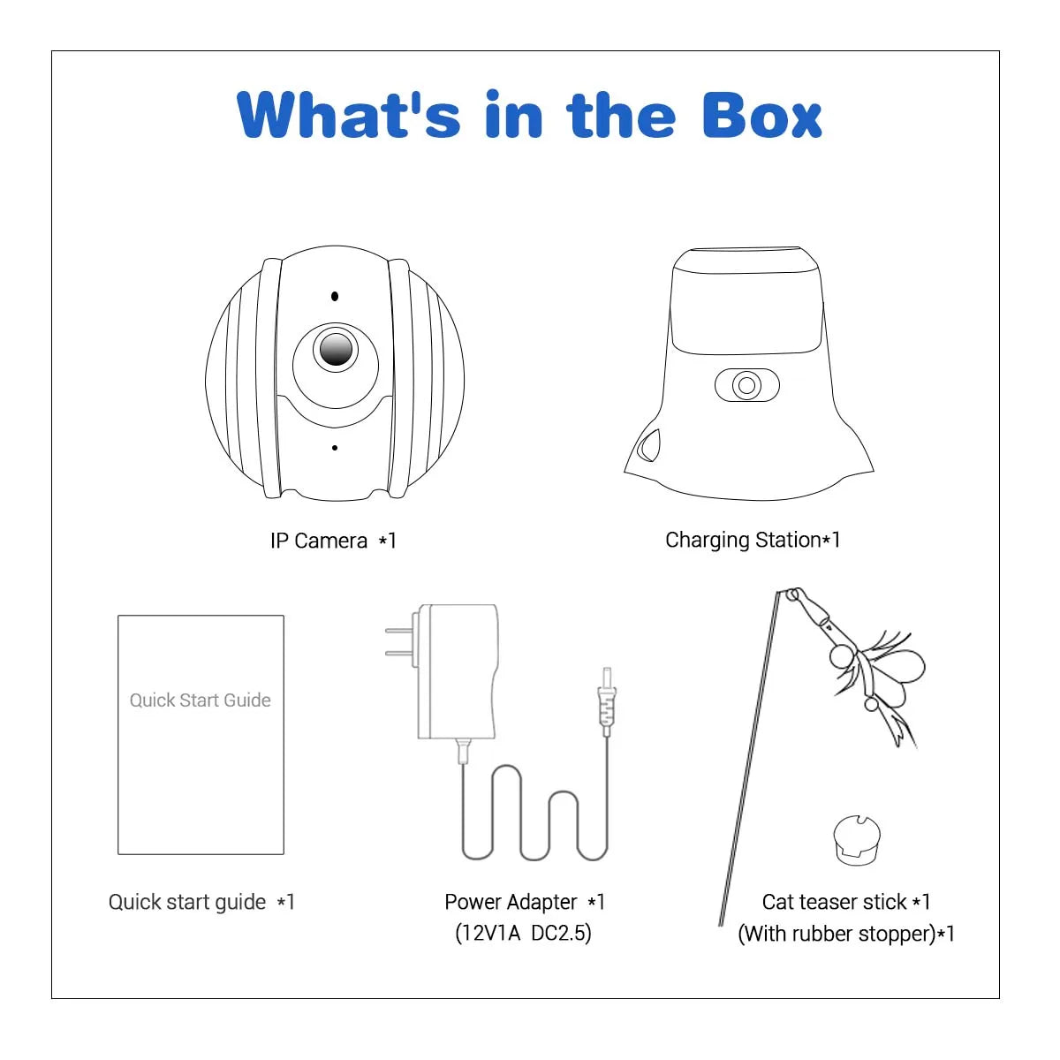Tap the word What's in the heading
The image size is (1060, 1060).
click(348, 115)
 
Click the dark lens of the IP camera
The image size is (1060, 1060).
click(336, 349)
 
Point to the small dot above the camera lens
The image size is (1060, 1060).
click(335, 297)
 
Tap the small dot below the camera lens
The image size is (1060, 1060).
click(335, 448)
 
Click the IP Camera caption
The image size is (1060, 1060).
click(333, 541)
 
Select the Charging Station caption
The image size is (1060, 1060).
click(753, 541)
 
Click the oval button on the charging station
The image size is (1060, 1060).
click(747, 385)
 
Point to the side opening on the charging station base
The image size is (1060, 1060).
click(649, 445)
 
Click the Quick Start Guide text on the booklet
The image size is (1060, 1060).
click(201, 700)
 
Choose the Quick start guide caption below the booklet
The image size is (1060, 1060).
click(201, 903)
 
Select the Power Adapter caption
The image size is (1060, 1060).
click(524, 902)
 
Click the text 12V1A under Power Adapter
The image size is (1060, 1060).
click(488, 934)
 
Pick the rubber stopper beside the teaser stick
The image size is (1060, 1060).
click(857, 840)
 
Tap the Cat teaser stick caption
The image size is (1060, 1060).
click(846, 902)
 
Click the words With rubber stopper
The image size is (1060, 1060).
click(837, 934)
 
